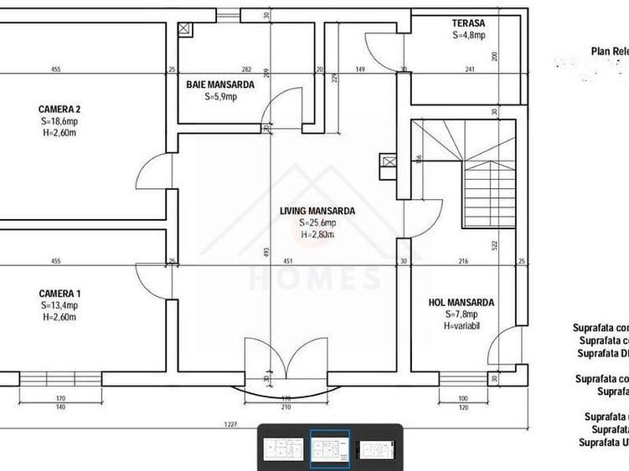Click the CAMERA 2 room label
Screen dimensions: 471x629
coord(59,109)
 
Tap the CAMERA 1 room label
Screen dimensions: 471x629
coord(59,294)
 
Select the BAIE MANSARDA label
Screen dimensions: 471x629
coord(221,84)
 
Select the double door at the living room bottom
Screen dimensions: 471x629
coord(285,360)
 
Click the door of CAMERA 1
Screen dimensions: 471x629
coord(152,280)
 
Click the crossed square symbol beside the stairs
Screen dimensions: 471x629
coord(387,162)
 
